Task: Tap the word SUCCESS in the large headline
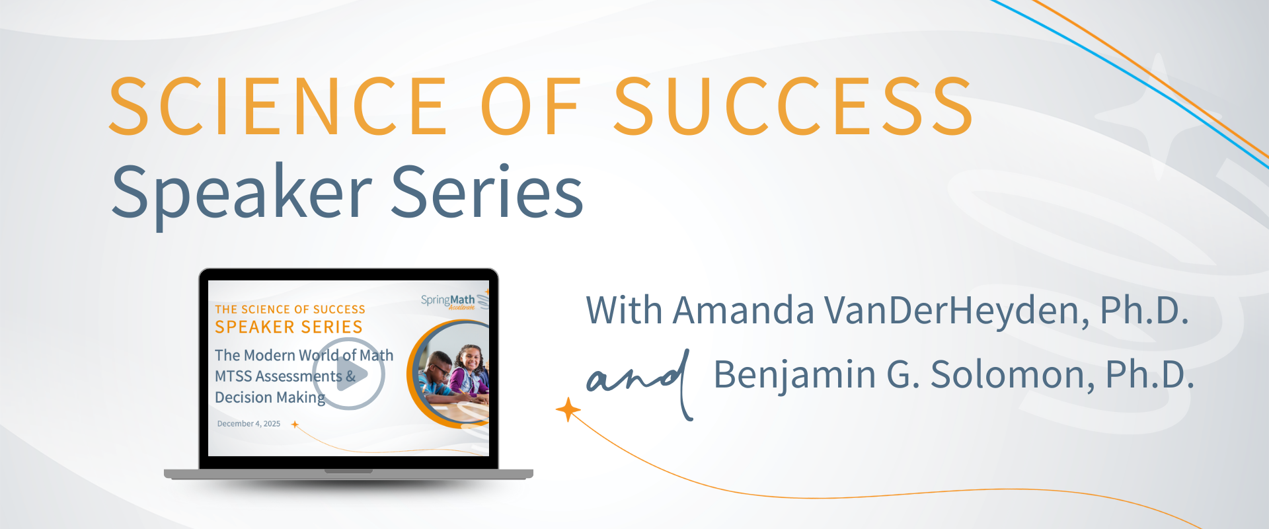(793, 106)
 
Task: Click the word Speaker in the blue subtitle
(241, 192)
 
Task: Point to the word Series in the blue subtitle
(487, 192)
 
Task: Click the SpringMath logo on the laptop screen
(449, 302)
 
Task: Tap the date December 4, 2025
(249, 424)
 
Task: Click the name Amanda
(743, 310)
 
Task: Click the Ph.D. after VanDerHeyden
(1144, 310)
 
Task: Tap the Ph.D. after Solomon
(1149, 374)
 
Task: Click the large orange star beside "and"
(568, 410)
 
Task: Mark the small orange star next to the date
(295, 425)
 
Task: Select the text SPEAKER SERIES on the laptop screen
(289, 327)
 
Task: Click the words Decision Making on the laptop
(270, 397)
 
